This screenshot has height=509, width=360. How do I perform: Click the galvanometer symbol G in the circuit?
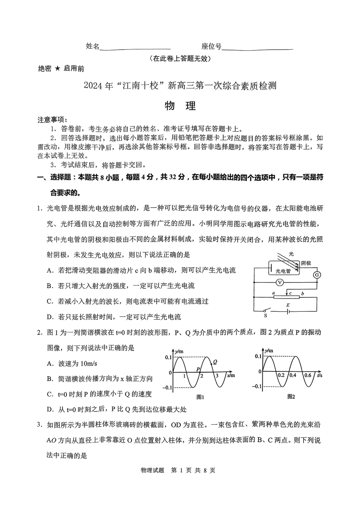click(317, 275)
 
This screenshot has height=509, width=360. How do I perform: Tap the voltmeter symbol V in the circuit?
click(280, 283)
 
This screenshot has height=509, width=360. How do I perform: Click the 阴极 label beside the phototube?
click(306, 263)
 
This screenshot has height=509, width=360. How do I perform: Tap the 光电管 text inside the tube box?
click(283, 271)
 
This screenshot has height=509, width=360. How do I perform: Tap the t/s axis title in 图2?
click(319, 376)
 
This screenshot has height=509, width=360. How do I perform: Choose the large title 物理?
click(180, 106)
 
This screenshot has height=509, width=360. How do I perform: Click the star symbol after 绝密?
click(57, 68)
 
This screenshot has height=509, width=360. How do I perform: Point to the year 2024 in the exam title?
click(93, 86)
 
